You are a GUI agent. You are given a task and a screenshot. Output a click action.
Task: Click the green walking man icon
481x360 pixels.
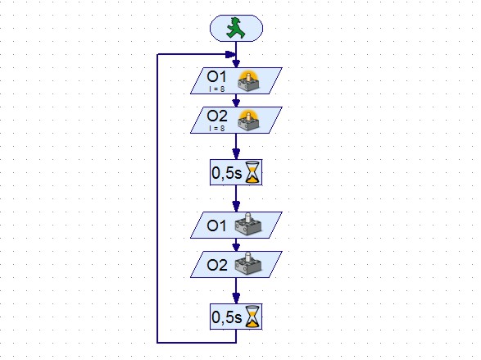(236, 28)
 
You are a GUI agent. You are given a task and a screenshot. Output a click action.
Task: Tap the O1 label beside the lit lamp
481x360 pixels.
(216, 77)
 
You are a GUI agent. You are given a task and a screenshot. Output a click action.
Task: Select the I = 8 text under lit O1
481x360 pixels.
(217, 89)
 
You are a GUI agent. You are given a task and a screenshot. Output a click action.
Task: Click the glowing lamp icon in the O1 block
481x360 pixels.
(248, 80)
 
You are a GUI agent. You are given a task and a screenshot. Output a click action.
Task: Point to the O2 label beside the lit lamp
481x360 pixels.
(217, 116)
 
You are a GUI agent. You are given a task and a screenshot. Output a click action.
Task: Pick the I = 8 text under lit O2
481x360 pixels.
(217, 128)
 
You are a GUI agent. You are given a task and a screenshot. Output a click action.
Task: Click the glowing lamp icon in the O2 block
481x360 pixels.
(248, 120)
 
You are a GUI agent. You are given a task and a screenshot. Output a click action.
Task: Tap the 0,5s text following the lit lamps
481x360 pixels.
(227, 173)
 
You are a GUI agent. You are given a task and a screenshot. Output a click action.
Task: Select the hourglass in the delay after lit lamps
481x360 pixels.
(252, 172)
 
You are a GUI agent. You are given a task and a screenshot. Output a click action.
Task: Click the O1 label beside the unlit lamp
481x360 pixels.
(216, 226)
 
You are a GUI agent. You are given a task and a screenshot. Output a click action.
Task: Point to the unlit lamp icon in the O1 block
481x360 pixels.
(248, 225)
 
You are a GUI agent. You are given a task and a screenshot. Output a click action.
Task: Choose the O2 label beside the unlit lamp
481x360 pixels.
(217, 265)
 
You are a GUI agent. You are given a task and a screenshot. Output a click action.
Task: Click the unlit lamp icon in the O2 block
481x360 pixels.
(248, 263)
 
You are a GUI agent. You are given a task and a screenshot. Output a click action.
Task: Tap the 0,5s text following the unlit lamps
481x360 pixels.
(227, 317)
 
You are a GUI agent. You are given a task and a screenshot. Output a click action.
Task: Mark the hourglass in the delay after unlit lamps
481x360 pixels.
(252, 317)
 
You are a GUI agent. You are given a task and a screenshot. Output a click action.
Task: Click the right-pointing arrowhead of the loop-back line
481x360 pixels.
(230, 55)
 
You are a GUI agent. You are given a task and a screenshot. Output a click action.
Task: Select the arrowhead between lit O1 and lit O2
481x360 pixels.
(236, 103)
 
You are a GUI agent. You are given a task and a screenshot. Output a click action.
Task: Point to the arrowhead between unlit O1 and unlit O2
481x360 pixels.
(236, 247)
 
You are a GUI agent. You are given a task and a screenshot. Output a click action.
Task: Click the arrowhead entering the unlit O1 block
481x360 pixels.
(236, 206)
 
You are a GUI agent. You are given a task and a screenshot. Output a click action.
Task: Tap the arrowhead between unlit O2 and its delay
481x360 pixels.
(236, 298)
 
